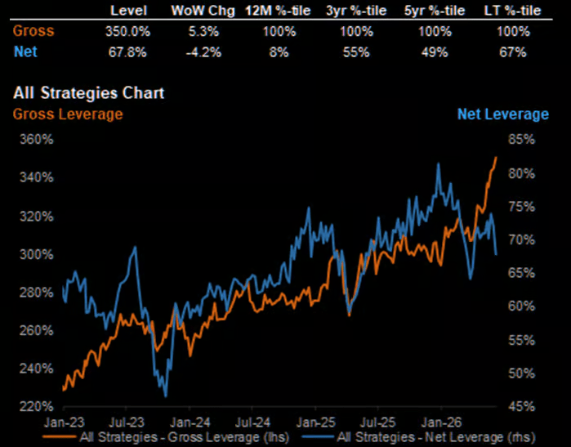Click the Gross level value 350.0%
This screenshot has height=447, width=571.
tap(127, 31)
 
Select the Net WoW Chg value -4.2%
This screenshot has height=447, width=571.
tap(203, 52)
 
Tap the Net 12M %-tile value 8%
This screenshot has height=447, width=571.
tap(279, 52)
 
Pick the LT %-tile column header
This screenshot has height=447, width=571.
tap(512, 11)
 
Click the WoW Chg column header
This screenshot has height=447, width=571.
tap(203, 11)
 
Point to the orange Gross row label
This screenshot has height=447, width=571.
tap(33, 31)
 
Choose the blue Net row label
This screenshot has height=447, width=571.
tap(25, 51)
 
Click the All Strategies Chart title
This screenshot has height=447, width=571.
tap(89, 93)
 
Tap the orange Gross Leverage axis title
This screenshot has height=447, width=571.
tap(68, 114)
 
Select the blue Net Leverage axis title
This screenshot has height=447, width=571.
tap(503, 114)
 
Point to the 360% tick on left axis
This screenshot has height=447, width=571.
tap(37, 139)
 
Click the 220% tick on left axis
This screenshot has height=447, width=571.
tap(37, 406)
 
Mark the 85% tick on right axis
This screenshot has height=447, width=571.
tap(521, 139)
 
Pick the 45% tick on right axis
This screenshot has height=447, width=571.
tap(521, 406)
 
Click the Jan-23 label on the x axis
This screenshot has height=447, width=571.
tap(64, 422)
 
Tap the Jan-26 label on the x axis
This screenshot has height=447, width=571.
tap(441, 422)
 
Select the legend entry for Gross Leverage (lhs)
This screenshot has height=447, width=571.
tap(166, 437)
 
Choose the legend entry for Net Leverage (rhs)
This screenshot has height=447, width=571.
tap(419, 437)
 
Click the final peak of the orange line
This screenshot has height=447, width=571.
tap(496, 158)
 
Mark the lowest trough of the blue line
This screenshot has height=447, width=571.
tap(166, 396)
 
